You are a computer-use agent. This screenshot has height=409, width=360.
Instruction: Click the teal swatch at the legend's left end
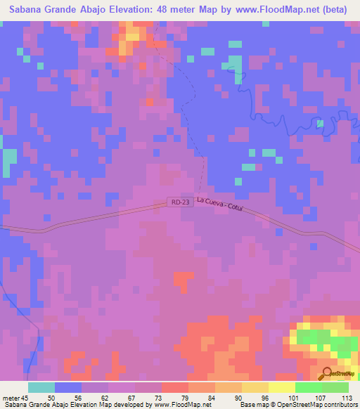tap(41, 387)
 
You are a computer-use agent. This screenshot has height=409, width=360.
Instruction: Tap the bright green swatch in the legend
tap(308, 387)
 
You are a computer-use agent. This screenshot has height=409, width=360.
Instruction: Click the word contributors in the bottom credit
tap(337, 405)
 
